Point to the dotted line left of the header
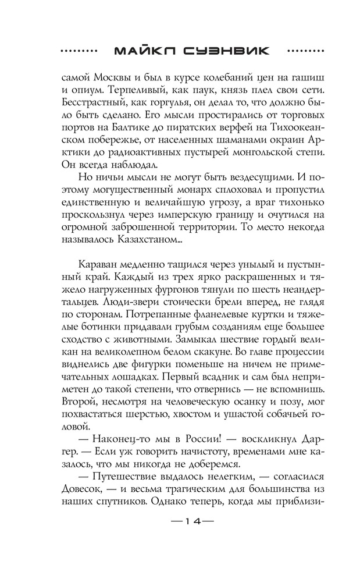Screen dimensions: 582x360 (x=82, y=51)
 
